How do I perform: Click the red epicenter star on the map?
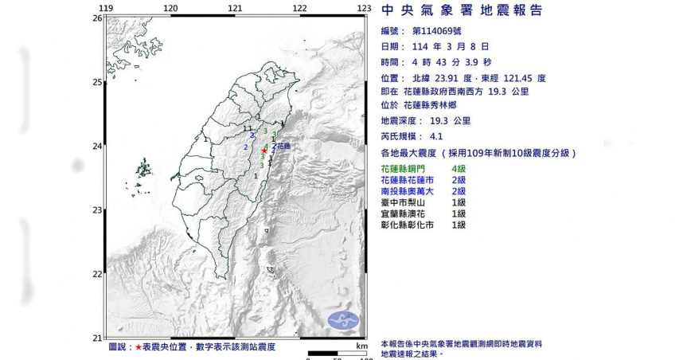pyautogui.click(x=264, y=149)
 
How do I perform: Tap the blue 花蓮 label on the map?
pyautogui.click(x=283, y=147)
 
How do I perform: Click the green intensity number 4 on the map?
pyautogui.click(x=265, y=144)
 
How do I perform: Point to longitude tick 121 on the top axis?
pyautogui.click(x=235, y=8)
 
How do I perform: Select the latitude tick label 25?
pyautogui.click(x=97, y=82)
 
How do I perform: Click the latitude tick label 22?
pyautogui.click(x=97, y=273)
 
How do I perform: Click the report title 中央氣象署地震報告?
pyautogui.click(x=462, y=10)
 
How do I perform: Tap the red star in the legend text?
pyautogui.click(x=139, y=347)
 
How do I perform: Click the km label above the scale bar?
pyautogui.click(x=361, y=346)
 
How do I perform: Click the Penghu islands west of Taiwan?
pyautogui.click(x=143, y=169)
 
